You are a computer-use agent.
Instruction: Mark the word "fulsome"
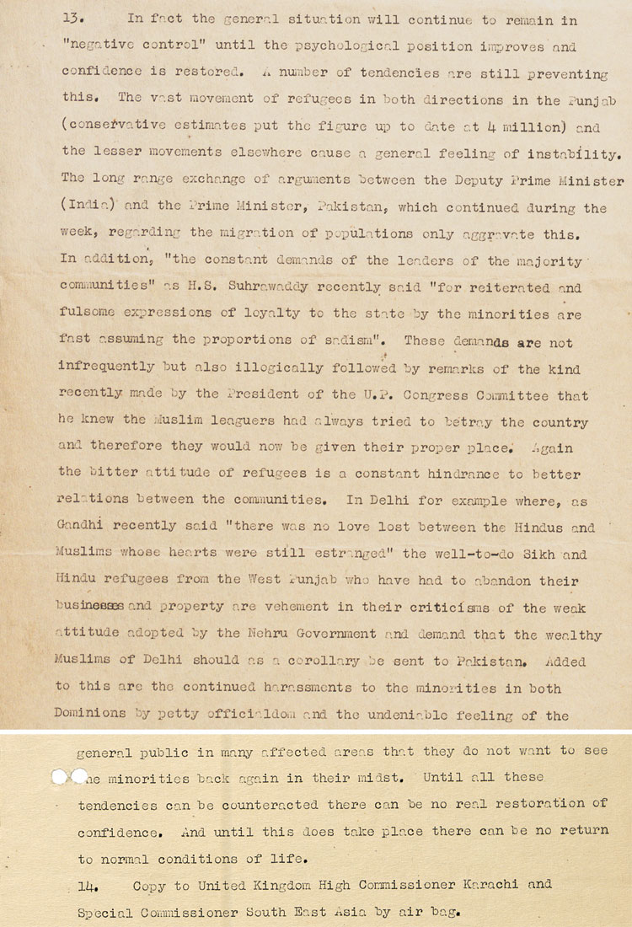pyautogui.click(x=90, y=314)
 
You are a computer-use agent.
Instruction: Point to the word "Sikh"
pyautogui.click(x=525, y=555)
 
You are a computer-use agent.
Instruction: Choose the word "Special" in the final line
pyautogui.click(x=106, y=913)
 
